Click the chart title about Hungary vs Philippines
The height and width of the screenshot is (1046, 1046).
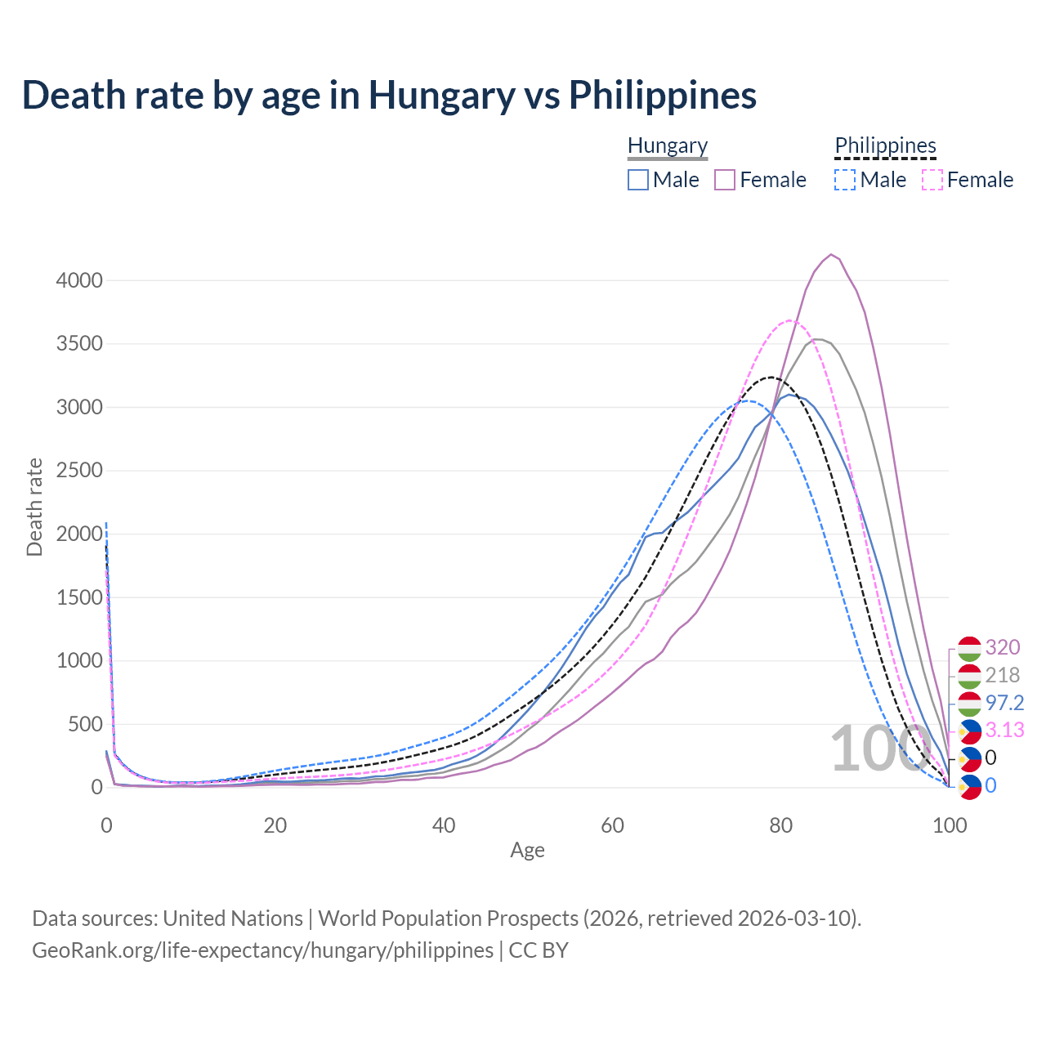[x=389, y=95]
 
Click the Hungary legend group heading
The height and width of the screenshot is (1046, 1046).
[x=668, y=145]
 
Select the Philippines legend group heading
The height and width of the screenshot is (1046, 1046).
[x=885, y=145]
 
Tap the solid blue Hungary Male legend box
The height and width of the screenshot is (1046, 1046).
[x=638, y=180]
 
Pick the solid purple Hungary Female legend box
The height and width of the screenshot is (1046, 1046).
[x=726, y=180]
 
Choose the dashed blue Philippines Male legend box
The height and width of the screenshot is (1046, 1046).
[x=845, y=180]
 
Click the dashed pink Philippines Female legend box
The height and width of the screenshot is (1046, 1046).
[x=932, y=180]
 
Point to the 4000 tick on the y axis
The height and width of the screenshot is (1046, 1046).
[x=79, y=280]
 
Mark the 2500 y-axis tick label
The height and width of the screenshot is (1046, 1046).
[x=79, y=471]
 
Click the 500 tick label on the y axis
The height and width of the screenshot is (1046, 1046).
[x=85, y=724]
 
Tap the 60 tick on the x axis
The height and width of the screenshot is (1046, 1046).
[x=612, y=825]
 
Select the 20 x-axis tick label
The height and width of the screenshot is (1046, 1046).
[x=275, y=825]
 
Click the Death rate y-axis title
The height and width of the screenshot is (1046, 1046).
[x=34, y=507]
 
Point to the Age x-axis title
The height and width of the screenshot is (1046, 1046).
[x=527, y=850]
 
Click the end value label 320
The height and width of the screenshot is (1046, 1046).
[x=1002, y=647]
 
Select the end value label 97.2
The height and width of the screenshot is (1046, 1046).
[x=1004, y=703]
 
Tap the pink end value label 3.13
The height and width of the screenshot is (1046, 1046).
[x=1004, y=730]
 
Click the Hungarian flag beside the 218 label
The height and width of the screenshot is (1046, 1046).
[x=969, y=676]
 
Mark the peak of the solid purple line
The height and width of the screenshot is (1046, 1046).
[x=831, y=254]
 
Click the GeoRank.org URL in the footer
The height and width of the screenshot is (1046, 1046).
[x=262, y=950]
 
